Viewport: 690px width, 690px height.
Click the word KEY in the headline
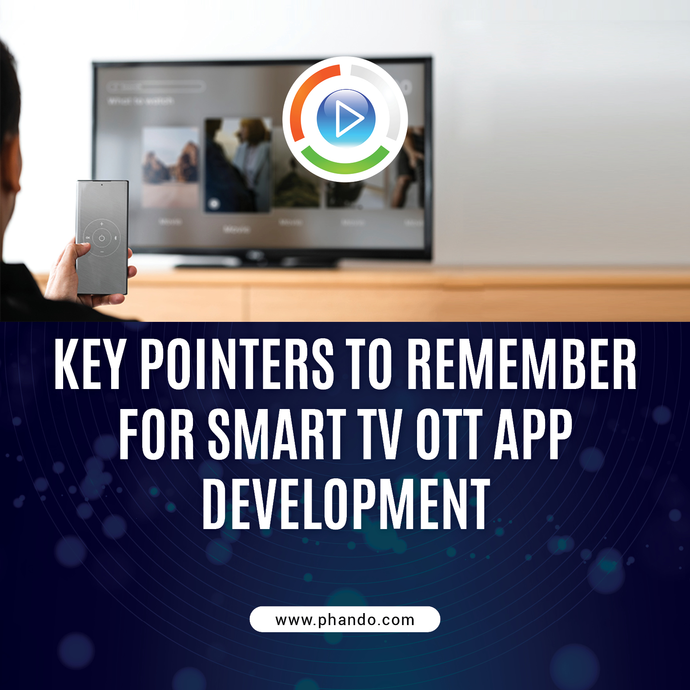pyautogui.click(x=89, y=364)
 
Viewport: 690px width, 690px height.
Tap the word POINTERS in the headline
pyautogui.click(x=237, y=364)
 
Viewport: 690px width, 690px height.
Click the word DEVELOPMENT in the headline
pyautogui.click(x=346, y=504)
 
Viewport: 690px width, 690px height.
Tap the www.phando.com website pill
pyautogui.click(x=345, y=619)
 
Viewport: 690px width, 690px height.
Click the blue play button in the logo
pyautogui.click(x=346, y=118)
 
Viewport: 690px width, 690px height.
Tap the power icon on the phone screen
pyautogui.click(x=102, y=238)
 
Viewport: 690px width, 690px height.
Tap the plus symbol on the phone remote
pyautogui.click(x=102, y=224)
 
